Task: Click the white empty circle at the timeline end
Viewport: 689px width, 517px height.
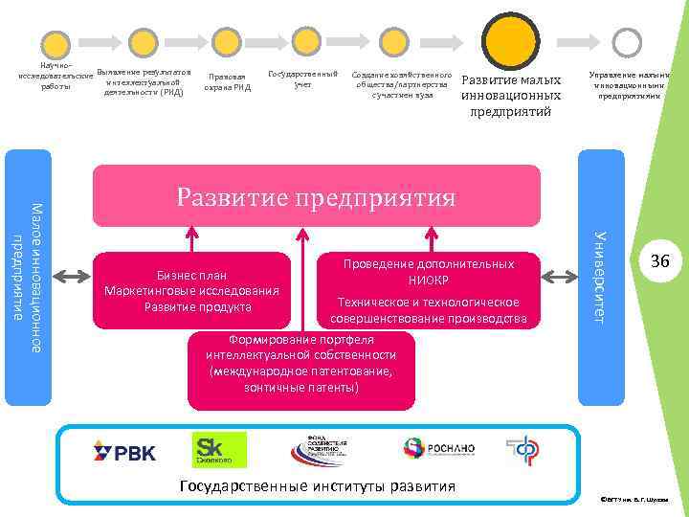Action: pos(627,41)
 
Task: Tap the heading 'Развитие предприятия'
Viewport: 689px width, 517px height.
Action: pos(316,197)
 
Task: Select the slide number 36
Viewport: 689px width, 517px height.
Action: pos(659,261)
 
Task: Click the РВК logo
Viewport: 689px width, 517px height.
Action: pos(124,450)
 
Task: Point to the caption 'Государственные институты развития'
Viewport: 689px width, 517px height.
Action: pos(317,486)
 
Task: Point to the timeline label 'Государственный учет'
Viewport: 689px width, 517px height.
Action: pos(303,79)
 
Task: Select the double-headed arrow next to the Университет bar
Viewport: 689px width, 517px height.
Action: pos(556,277)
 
